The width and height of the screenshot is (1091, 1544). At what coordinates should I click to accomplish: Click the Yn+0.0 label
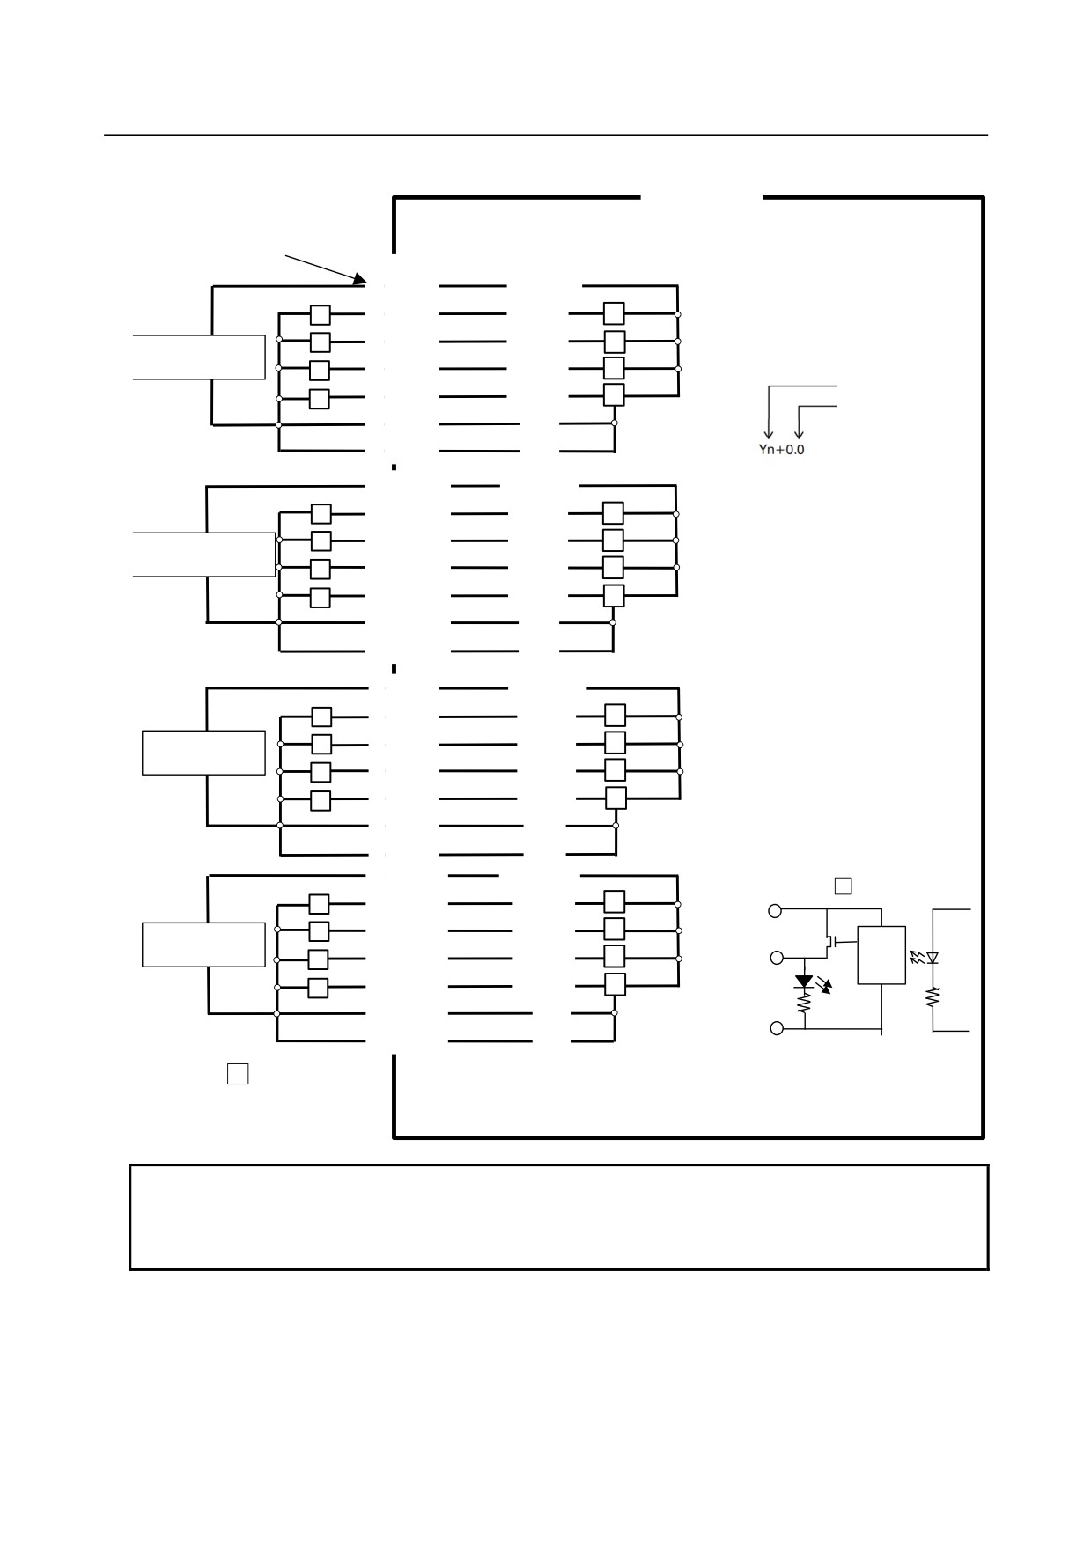[x=781, y=450]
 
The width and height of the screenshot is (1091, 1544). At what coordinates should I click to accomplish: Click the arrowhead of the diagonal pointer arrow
[x=360, y=280]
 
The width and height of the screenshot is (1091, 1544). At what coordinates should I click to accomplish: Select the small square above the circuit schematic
[x=843, y=886]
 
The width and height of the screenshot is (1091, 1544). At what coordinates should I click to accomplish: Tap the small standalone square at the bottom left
[x=238, y=1074]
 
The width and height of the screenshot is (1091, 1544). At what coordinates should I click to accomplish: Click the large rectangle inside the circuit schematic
[x=881, y=955]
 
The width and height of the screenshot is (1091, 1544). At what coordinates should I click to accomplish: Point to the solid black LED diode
[x=804, y=982]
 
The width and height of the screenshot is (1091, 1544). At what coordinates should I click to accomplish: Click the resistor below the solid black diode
[x=804, y=1002]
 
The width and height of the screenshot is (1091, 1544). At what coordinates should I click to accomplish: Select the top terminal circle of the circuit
[x=775, y=911]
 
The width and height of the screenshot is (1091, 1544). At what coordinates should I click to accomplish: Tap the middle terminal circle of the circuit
[x=777, y=958]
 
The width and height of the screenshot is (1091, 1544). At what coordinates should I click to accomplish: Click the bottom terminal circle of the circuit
[x=777, y=1028]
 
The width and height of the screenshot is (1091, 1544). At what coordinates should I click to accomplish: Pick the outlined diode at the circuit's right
[x=933, y=958]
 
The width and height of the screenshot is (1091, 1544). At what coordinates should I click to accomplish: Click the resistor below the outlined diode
[x=933, y=996]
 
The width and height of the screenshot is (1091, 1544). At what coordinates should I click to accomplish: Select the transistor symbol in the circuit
[x=829, y=942]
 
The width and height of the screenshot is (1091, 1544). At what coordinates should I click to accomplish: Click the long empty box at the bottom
[x=559, y=1217]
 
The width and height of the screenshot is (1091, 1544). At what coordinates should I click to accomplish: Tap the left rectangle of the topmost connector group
[x=199, y=357]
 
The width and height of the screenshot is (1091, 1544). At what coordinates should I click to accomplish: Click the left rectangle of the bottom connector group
[x=203, y=945]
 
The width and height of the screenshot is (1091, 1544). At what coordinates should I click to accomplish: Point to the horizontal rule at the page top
[x=546, y=135]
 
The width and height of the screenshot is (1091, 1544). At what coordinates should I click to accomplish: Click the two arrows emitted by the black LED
[x=825, y=985]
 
